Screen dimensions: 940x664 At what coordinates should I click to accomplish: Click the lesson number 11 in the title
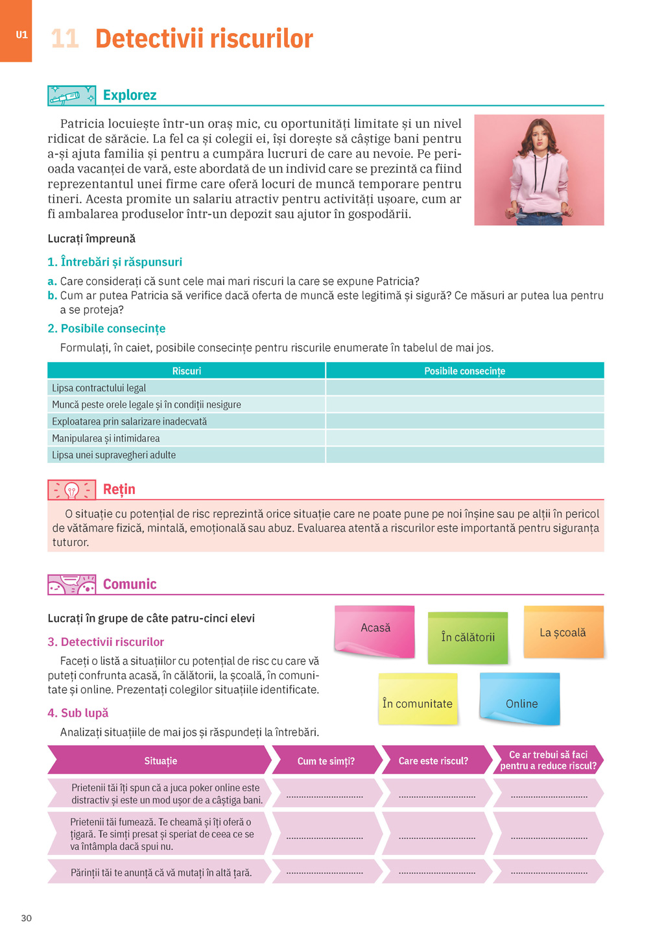[x=65, y=39]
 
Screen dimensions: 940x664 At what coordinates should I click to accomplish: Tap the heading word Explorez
[x=130, y=95]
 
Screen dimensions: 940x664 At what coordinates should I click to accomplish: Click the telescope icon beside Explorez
[x=71, y=96]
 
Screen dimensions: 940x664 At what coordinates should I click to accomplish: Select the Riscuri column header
[x=187, y=371]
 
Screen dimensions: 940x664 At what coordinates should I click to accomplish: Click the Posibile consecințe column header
[x=464, y=371]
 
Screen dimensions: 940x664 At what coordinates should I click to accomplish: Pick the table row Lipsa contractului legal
[x=99, y=388]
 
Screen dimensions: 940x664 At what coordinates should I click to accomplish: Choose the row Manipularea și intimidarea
[x=106, y=438]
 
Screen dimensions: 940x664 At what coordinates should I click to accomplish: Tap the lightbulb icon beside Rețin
[x=71, y=489]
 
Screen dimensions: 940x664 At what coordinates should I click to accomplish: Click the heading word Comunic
[x=130, y=584]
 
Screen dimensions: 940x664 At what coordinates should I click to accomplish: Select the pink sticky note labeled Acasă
[x=375, y=630]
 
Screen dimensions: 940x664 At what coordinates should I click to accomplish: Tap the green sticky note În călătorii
[x=468, y=637]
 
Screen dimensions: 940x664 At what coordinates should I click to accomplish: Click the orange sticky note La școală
[x=563, y=632]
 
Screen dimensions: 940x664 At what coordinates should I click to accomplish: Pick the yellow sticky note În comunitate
[x=418, y=700]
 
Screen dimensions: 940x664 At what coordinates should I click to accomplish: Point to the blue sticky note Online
[x=521, y=700]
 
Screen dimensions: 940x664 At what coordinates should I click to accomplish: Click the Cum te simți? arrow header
[x=326, y=761]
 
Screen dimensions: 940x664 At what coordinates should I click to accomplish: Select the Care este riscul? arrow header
[x=433, y=761]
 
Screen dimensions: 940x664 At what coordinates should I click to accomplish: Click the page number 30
[x=27, y=918]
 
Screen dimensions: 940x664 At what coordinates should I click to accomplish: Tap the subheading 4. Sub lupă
[x=78, y=713]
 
